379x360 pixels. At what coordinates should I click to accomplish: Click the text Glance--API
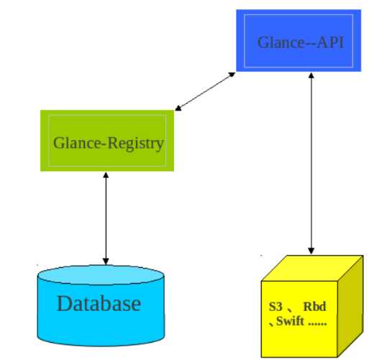[301, 42]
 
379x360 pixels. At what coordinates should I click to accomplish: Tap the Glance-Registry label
[109, 143]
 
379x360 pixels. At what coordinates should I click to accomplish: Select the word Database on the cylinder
[99, 303]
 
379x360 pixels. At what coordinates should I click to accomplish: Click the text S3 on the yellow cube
[275, 307]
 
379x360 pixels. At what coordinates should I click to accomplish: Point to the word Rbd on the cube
[314, 307]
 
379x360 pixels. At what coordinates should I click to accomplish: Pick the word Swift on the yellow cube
[290, 321]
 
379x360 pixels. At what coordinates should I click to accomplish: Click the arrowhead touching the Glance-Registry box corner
[178, 108]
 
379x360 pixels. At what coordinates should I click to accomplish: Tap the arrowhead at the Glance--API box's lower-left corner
[232, 75]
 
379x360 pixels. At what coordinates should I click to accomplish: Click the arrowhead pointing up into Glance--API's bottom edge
[311, 76]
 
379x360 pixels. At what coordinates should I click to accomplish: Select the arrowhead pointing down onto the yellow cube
[311, 251]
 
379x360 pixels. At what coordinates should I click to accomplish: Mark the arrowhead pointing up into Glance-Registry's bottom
[106, 175]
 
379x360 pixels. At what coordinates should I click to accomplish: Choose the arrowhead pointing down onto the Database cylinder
[106, 261]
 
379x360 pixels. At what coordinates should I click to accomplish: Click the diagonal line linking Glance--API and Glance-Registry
[205, 91]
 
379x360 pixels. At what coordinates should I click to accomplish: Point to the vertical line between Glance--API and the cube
[311, 163]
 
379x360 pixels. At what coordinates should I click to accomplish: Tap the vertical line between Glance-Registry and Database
[106, 218]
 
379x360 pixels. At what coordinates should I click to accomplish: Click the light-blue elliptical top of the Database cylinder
[101, 275]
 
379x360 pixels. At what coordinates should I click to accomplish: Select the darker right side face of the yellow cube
[350, 306]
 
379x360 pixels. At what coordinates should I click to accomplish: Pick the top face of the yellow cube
[312, 269]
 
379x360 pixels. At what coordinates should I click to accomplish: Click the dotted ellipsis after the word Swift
[317, 324]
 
